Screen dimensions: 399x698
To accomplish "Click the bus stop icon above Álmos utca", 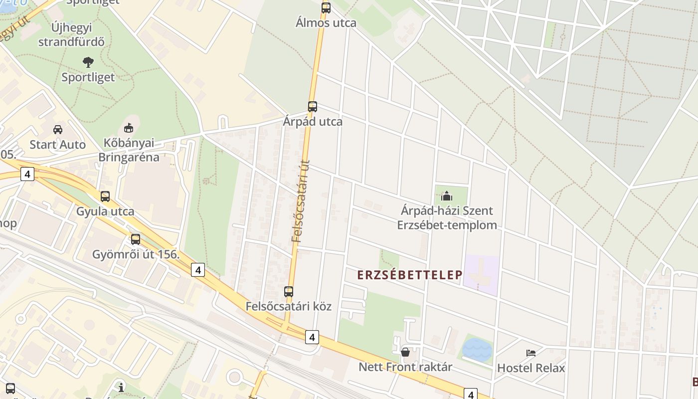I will pyautogui.click(x=326, y=8).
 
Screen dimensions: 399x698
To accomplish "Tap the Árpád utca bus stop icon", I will pyautogui.click(x=312, y=107).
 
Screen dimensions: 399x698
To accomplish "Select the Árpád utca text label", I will pyautogui.click(x=312, y=122).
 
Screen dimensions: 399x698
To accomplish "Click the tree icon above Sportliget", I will pyautogui.click(x=88, y=62).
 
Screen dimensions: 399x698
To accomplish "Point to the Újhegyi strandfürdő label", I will pyautogui.click(x=71, y=35).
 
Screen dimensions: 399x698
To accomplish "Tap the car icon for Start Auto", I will pyautogui.click(x=58, y=130).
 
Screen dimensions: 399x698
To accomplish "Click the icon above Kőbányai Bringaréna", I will pyautogui.click(x=129, y=128).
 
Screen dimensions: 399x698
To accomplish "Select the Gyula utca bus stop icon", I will pyautogui.click(x=105, y=197).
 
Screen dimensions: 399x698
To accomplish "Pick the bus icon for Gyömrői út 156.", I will pyautogui.click(x=136, y=239).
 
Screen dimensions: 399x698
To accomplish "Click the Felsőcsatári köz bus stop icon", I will pyautogui.click(x=289, y=292).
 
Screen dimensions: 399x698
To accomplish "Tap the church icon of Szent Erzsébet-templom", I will pyautogui.click(x=447, y=196).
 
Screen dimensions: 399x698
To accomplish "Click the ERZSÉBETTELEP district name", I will pyautogui.click(x=410, y=275).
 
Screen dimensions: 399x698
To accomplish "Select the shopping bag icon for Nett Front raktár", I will pyautogui.click(x=405, y=352).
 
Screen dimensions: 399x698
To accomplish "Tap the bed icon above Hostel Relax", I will pyautogui.click(x=531, y=353).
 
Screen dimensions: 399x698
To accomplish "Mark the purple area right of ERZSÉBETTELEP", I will pyautogui.click(x=481, y=274).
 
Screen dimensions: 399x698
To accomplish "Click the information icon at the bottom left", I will pyautogui.click(x=121, y=387).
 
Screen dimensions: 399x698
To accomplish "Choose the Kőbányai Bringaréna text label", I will pyautogui.click(x=129, y=150).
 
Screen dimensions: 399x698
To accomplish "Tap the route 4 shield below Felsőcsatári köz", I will pyautogui.click(x=312, y=337).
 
